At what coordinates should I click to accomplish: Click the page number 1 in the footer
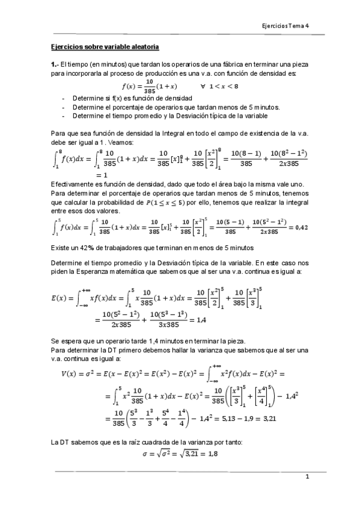point(307,477)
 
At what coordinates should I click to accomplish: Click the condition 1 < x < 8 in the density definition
point(222,86)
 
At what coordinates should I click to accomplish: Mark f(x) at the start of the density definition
point(130,86)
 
